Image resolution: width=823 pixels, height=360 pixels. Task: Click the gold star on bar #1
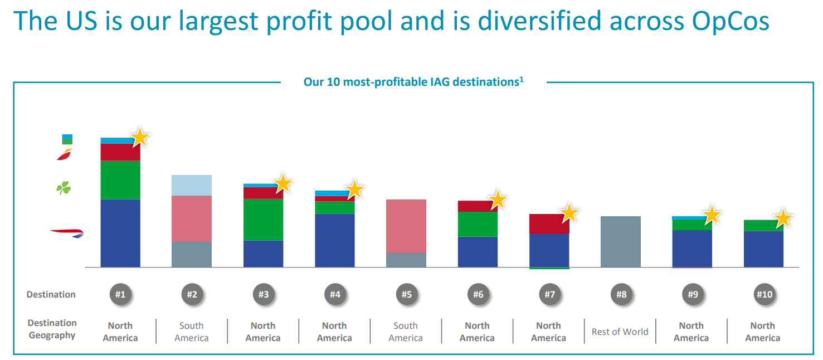tap(140, 137)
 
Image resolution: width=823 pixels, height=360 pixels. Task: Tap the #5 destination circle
tap(406, 294)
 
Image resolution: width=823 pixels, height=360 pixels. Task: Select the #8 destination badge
tap(621, 294)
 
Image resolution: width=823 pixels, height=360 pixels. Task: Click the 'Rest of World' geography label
tap(620, 332)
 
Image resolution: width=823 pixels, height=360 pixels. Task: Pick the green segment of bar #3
tap(263, 220)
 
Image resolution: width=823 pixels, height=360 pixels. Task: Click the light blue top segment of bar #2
tap(192, 185)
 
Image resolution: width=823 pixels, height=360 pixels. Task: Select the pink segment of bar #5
tap(406, 226)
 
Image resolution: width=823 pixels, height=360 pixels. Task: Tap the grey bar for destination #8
tap(621, 241)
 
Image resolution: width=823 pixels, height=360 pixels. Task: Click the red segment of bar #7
tap(549, 223)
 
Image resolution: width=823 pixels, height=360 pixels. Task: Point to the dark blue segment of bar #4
tap(335, 240)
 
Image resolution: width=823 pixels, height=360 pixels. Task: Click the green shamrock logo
tap(64, 188)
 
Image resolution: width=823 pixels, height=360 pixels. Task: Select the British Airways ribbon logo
tap(66, 232)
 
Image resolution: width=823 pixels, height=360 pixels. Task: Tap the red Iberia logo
tap(65, 154)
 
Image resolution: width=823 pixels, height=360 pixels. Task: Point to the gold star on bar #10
tap(783, 218)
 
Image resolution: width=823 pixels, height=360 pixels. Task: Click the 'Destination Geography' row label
tap(52, 329)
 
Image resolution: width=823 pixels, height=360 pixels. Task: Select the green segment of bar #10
tap(763, 225)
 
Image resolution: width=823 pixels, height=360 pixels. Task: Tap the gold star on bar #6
tap(498, 200)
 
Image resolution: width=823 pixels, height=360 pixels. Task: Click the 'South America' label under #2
tap(192, 332)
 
